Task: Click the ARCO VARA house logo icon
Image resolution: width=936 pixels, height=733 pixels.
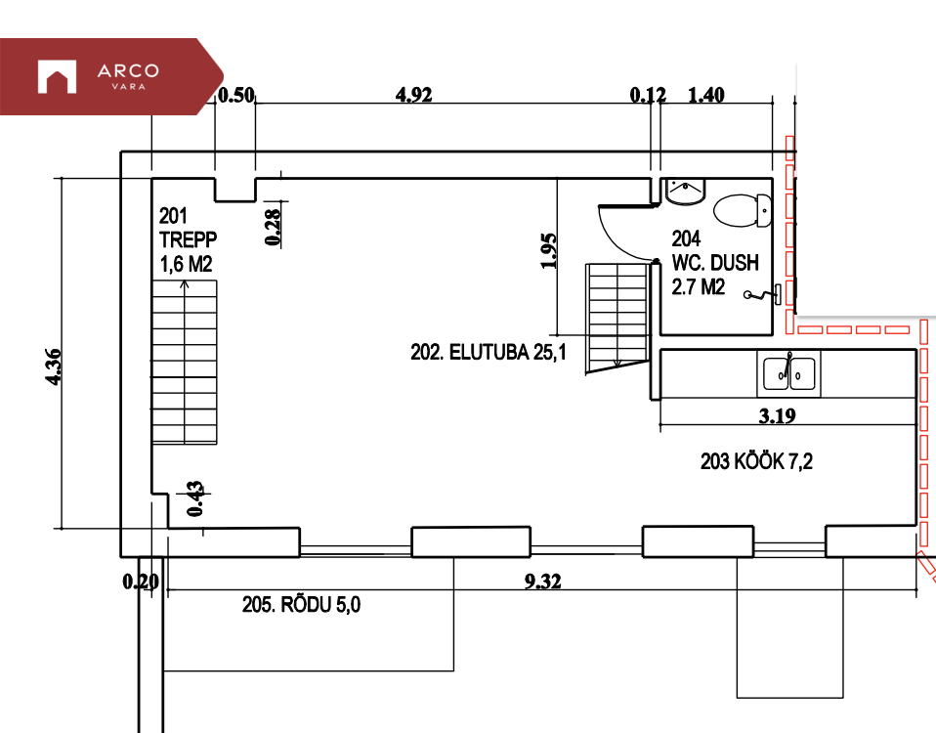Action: click(x=57, y=76)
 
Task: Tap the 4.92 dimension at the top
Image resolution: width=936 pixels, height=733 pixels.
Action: click(x=413, y=94)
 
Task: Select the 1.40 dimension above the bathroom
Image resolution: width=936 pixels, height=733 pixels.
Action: click(x=706, y=94)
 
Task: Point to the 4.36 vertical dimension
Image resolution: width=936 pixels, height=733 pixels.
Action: click(x=53, y=366)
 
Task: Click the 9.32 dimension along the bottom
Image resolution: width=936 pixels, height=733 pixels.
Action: click(x=542, y=581)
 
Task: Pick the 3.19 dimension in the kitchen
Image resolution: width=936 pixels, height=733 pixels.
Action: click(x=777, y=415)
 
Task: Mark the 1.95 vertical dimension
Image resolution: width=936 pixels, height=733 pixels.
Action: click(x=548, y=251)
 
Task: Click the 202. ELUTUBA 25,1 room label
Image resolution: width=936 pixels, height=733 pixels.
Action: click(x=489, y=352)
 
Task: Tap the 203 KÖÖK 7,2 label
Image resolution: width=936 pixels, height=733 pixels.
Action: click(x=756, y=460)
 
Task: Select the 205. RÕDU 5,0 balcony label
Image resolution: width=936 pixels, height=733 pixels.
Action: click(x=302, y=605)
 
